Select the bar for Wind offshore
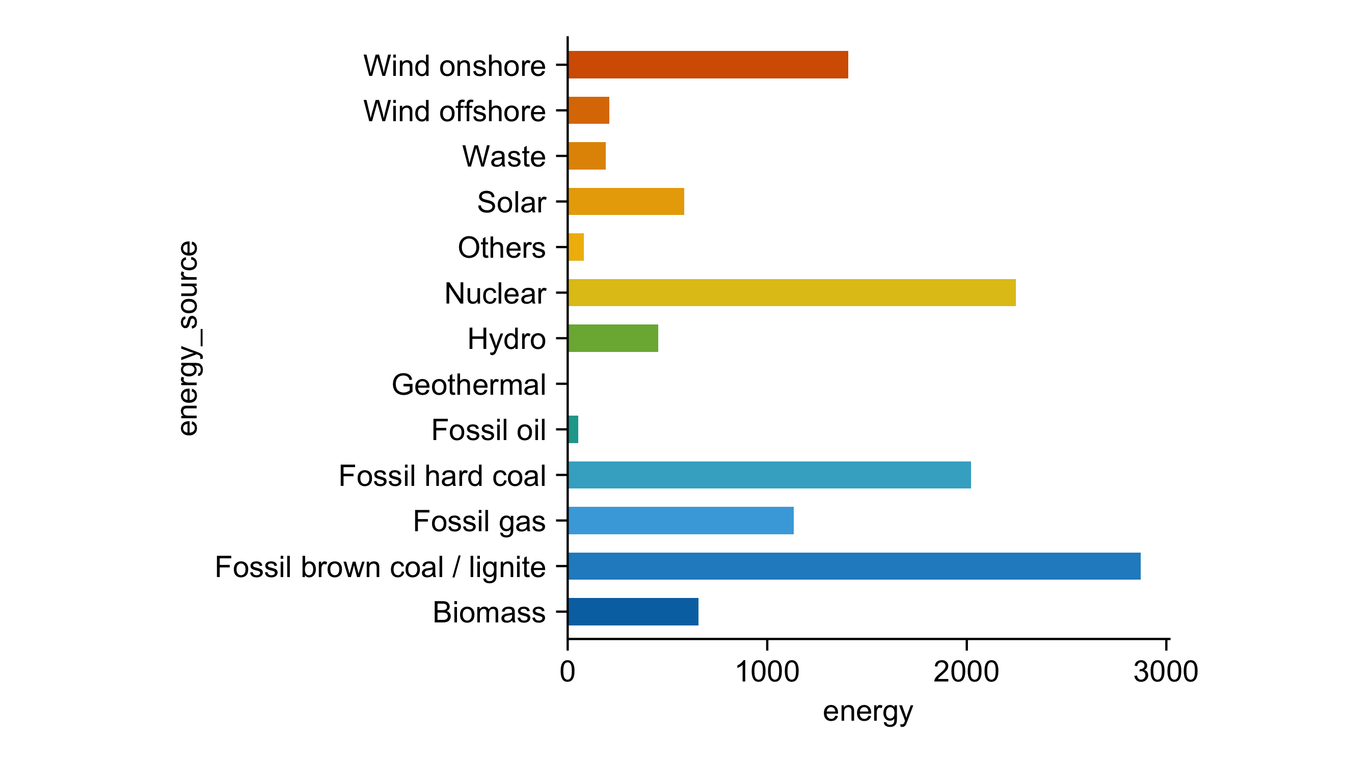coord(588,110)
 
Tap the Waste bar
coord(587,156)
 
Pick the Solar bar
coord(626,202)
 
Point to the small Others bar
coord(576,247)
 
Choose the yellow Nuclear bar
coord(791,293)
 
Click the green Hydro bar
coord(612,338)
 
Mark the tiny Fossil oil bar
coord(573,430)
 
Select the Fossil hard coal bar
coord(769,475)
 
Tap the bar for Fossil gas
coord(680,521)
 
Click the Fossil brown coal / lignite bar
coord(854,566)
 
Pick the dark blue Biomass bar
coord(633,612)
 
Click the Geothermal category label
coord(469,385)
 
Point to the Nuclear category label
coord(495,293)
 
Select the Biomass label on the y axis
coord(489,612)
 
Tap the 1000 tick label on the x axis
coord(767,672)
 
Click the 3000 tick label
coord(1166,672)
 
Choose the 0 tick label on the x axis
coord(567,672)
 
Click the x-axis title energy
coord(868,712)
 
